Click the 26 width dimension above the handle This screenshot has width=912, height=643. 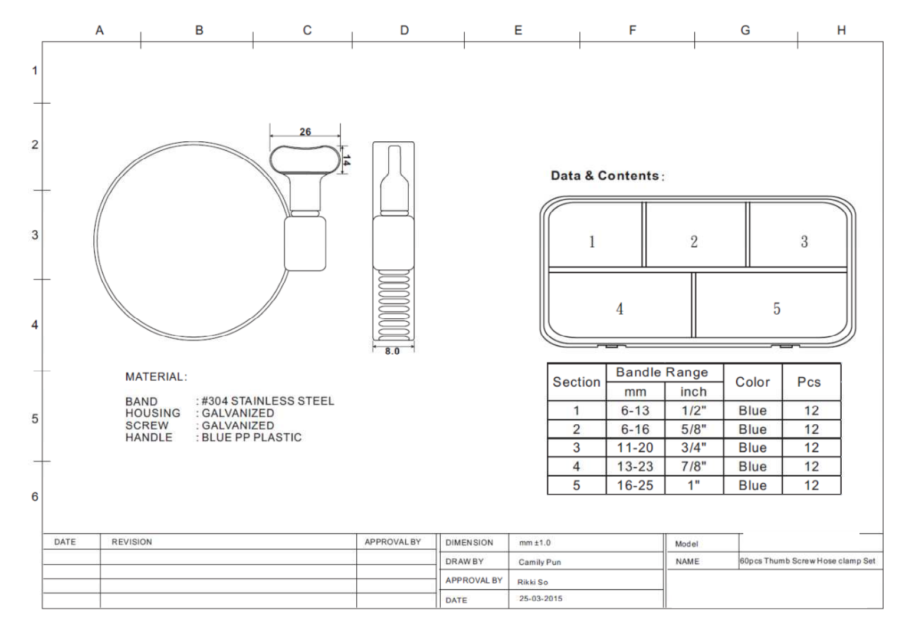(x=305, y=132)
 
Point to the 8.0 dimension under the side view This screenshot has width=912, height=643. (x=392, y=351)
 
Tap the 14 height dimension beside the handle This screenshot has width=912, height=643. (x=346, y=160)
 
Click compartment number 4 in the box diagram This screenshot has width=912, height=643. (x=619, y=309)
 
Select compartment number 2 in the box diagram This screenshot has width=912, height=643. (x=694, y=242)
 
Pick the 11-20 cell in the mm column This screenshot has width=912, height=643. (x=635, y=447)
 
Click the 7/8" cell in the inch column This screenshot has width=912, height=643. (x=693, y=466)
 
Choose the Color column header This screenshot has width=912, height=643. (x=752, y=382)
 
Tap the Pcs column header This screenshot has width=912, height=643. (x=809, y=382)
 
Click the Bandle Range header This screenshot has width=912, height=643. (x=662, y=372)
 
